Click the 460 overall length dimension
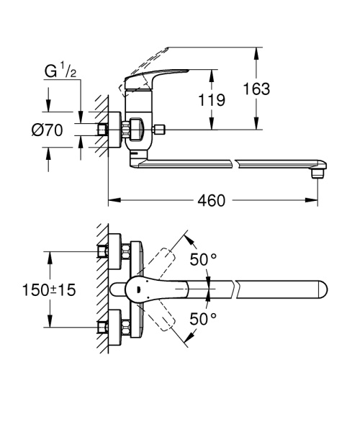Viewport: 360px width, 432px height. [212, 199]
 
